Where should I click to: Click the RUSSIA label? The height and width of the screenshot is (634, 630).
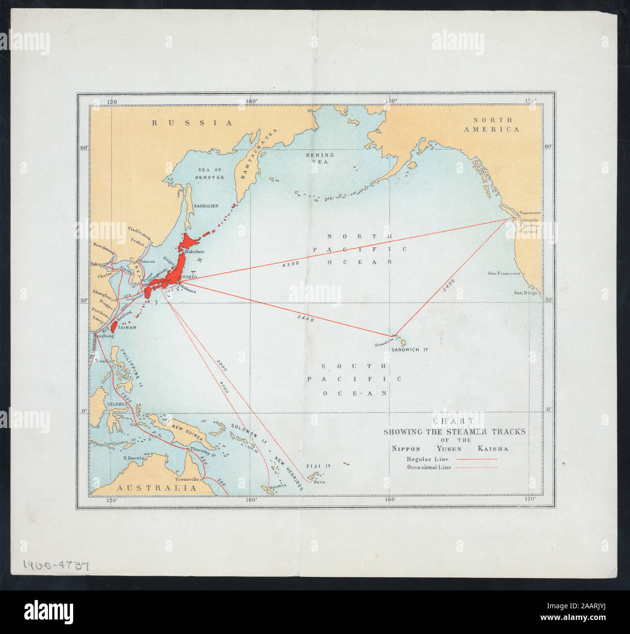click(192, 123)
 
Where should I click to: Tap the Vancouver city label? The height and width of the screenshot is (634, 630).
click(530, 213)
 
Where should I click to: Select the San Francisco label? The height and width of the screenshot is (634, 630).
click(504, 274)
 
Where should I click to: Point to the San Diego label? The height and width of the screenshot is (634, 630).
click(526, 293)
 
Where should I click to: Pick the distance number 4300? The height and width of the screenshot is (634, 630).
click(291, 263)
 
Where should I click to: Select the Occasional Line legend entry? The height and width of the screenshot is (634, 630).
click(429, 468)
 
